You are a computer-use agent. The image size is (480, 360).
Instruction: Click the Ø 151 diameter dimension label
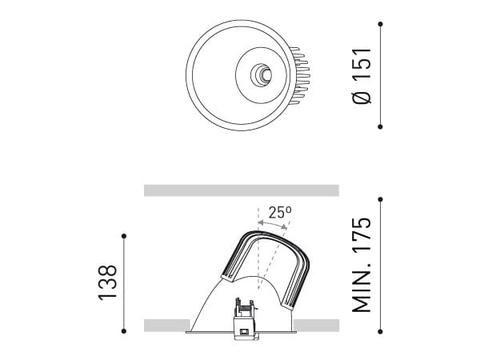tap(362, 75)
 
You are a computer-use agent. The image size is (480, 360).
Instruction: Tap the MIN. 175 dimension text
tap(362, 263)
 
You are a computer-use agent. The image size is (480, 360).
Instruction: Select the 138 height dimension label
tap(108, 282)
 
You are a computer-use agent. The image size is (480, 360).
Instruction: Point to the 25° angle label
tap(279, 213)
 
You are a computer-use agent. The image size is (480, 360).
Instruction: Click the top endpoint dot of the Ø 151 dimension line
tap(380, 25)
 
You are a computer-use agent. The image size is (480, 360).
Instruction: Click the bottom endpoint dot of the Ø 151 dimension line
tap(380, 126)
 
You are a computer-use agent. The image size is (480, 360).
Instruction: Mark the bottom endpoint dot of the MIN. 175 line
tap(380, 330)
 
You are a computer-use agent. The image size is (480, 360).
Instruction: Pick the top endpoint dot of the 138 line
tap(124, 234)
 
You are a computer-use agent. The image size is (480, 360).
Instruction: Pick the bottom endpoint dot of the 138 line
tap(124, 330)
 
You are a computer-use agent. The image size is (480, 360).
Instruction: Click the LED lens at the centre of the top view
tap(262, 75)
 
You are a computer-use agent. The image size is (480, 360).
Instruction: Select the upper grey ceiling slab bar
tap(241, 190)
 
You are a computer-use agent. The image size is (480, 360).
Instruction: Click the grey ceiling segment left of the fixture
tap(165, 324)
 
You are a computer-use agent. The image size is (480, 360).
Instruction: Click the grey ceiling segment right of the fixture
tap(318, 324)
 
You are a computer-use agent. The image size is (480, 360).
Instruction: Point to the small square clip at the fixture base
tap(241, 330)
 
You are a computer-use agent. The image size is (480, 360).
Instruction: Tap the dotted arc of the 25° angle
tap(272, 226)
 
